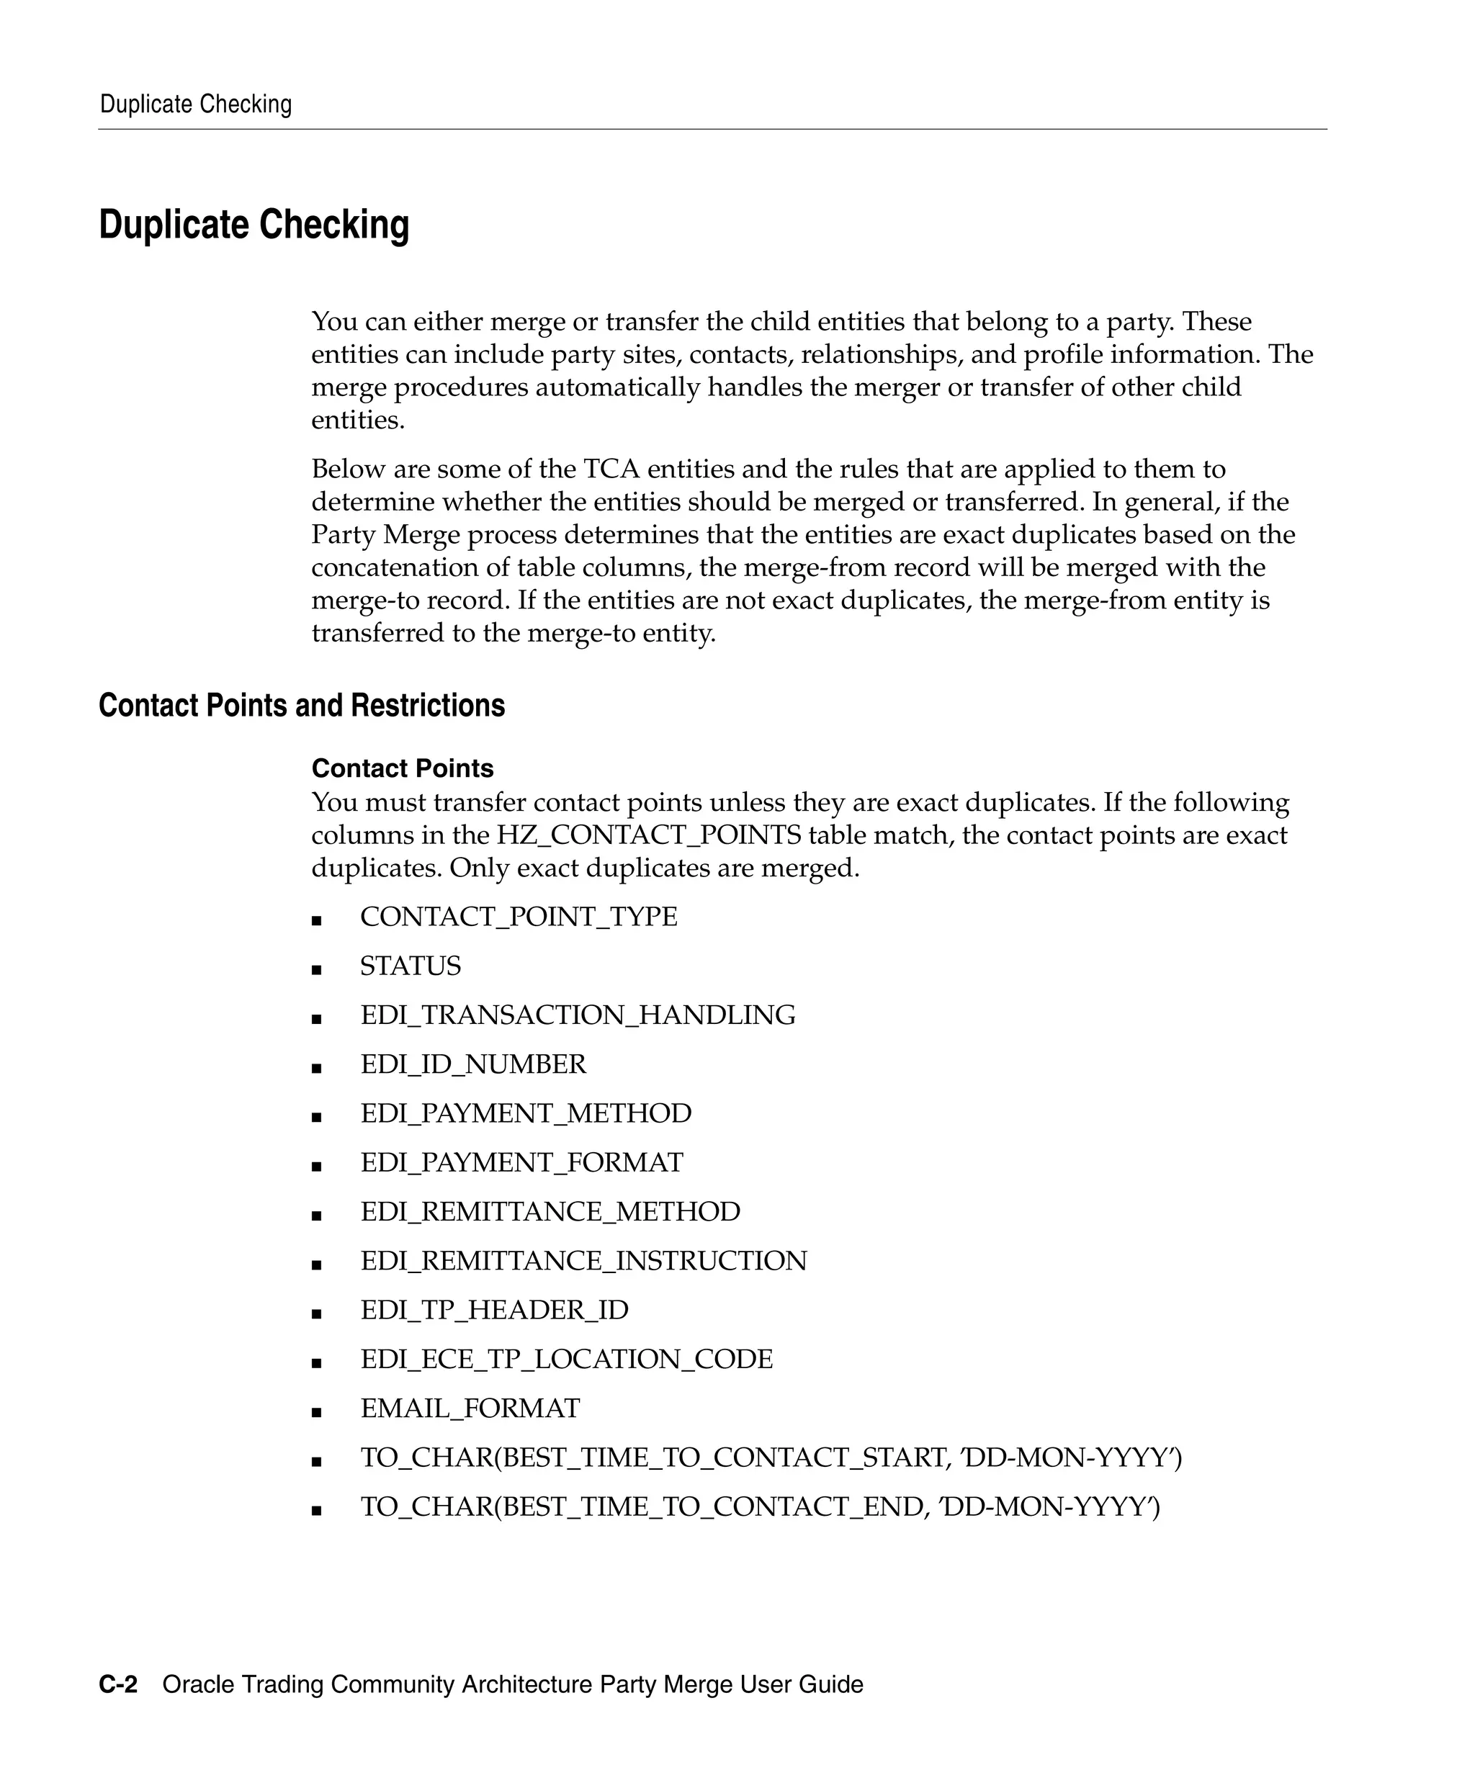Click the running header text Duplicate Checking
click(196, 104)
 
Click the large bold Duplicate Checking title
click(254, 225)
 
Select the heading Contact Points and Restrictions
click(302, 706)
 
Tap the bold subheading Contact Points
click(402, 768)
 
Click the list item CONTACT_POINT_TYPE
click(519, 917)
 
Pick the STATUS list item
click(411, 966)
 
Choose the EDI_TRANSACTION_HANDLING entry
click(578, 1015)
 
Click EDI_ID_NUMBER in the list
click(473, 1064)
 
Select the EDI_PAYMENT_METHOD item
click(526, 1113)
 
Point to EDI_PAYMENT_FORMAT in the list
click(521, 1162)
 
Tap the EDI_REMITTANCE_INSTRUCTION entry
click(583, 1261)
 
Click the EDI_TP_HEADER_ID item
click(494, 1310)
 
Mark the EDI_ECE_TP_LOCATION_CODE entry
click(566, 1360)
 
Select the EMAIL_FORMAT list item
click(470, 1409)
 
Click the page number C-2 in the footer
click(118, 1685)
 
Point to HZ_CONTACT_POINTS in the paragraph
click(648, 835)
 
